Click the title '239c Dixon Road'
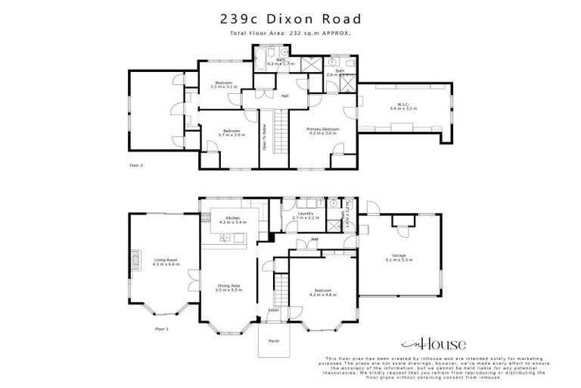290,18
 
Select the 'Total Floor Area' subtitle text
290,33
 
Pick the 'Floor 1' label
161,329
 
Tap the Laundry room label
306,215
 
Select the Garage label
399,256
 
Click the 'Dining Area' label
228,287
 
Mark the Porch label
274,341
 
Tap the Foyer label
273,310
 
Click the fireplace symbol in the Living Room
136,260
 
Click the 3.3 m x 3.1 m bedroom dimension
223,87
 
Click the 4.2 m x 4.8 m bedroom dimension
322,295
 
